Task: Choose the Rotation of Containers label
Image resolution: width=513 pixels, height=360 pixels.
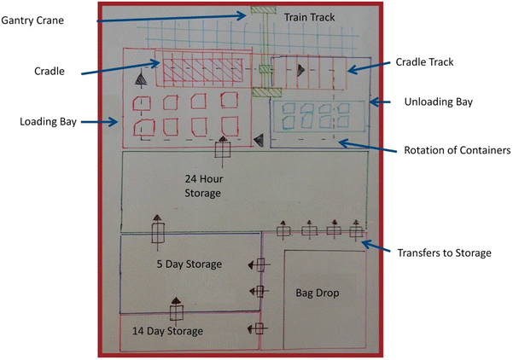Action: click(456, 150)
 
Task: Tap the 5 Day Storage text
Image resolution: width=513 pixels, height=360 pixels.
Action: click(189, 264)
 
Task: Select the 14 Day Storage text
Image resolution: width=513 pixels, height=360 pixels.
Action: click(167, 331)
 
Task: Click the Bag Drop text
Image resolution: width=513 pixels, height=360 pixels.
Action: click(318, 293)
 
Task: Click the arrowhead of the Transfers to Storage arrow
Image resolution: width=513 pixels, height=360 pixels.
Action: click(365, 244)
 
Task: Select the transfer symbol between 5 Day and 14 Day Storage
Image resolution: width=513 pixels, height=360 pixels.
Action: click(175, 305)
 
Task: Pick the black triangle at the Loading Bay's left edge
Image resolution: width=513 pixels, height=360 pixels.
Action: click(139, 78)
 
